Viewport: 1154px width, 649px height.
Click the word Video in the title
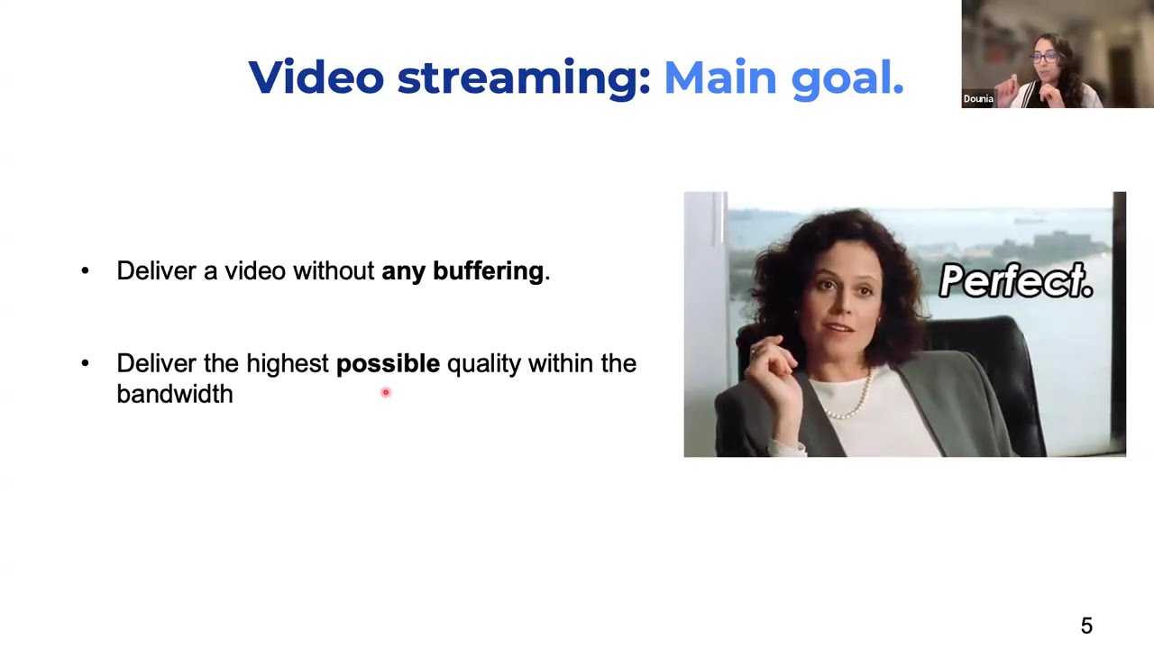(316, 78)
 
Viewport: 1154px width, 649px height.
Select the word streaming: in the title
(524, 79)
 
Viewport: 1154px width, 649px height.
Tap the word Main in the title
(720, 78)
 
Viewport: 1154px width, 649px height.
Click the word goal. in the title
(847, 79)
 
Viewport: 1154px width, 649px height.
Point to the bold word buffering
(488, 271)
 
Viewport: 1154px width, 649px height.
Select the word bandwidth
(175, 394)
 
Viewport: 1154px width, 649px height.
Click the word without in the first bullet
(334, 271)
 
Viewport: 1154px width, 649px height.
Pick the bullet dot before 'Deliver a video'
(85, 270)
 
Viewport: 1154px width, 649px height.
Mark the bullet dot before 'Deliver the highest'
(85, 363)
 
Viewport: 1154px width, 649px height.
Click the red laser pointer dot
(385, 392)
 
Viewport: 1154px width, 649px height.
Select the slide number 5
(1086, 626)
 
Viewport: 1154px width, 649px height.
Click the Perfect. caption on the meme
(1016, 280)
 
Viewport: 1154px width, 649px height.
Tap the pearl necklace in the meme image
(850, 397)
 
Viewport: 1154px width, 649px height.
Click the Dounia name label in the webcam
(978, 99)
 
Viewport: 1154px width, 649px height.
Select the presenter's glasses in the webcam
(1044, 57)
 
